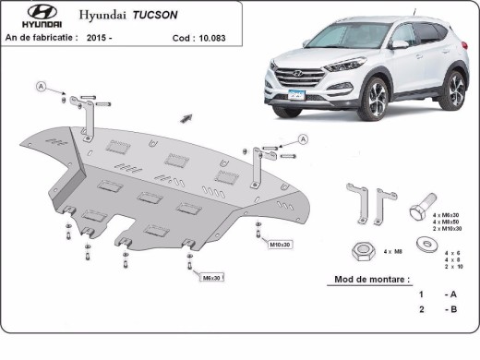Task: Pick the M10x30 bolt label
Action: click(x=280, y=244)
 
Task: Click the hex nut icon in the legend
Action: click(x=362, y=249)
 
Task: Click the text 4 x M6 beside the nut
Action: click(x=392, y=251)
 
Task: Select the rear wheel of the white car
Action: click(x=455, y=90)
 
